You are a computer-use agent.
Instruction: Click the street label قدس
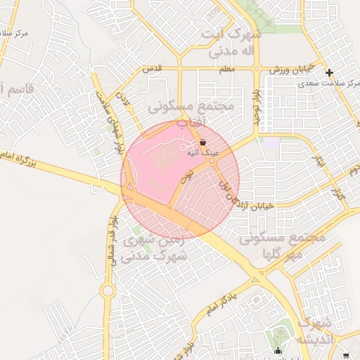pos(153,68)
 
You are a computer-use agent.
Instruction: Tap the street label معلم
pos(226,69)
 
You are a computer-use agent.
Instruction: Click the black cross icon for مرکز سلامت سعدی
pos(328,72)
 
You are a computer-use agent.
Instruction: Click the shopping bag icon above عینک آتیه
pos(203,142)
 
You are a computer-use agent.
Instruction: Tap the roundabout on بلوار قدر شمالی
pos(108,290)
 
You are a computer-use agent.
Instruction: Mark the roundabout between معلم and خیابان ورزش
pos(257,69)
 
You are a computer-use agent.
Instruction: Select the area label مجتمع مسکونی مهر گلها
pos(281,245)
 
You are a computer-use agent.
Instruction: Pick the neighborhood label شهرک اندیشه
pos(314,330)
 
